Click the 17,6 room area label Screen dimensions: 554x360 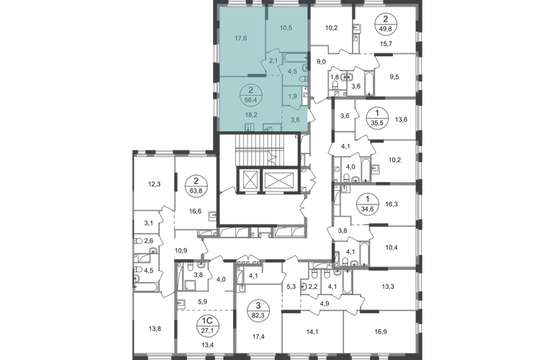pyautogui.click(x=241, y=38)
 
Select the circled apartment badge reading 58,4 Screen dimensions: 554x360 pyautogui.click(x=250, y=95)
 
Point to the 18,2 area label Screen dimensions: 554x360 pyautogui.click(x=250, y=114)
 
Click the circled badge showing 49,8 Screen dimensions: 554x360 pyautogui.click(x=386, y=24)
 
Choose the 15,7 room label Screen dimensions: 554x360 pyautogui.click(x=386, y=44)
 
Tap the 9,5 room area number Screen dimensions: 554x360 pyautogui.click(x=394, y=76)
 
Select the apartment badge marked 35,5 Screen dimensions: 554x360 pyautogui.click(x=377, y=119)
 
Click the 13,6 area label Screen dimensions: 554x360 pyautogui.click(x=401, y=120)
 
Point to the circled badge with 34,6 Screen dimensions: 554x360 pyautogui.click(x=368, y=204)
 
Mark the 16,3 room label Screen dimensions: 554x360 pyautogui.click(x=392, y=204)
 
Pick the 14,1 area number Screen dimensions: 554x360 pyautogui.click(x=312, y=332)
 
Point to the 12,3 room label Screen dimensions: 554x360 pyautogui.click(x=155, y=184)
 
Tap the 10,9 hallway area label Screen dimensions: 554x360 pyautogui.click(x=181, y=251)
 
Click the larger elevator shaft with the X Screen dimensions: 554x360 pyautogui.click(x=279, y=180)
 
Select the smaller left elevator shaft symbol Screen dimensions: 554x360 pyautogui.click(x=249, y=180)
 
